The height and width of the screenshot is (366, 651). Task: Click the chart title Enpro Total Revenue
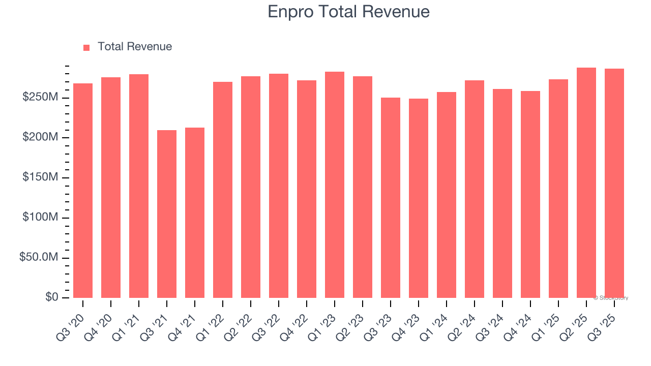tap(348, 12)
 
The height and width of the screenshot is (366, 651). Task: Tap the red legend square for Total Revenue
tap(86, 47)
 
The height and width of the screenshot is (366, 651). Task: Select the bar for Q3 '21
tap(167, 213)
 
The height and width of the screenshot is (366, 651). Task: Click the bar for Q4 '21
tap(195, 212)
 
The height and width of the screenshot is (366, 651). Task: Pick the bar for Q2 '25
tap(586, 183)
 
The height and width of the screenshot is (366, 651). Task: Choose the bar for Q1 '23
tap(335, 185)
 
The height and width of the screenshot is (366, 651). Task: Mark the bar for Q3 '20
tap(83, 191)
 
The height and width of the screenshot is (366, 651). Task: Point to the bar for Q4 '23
tap(419, 198)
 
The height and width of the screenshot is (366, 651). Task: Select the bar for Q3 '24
tap(502, 193)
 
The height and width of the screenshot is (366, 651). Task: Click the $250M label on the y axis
tap(40, 97)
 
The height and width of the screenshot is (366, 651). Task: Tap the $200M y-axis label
tap(40, 137)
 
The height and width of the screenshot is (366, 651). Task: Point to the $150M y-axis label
tap(40, 177)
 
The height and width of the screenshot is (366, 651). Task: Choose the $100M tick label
tap(40, 218)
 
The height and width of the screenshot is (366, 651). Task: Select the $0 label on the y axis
tap(51, 297)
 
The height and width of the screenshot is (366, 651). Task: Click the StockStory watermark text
tap(611, 298)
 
